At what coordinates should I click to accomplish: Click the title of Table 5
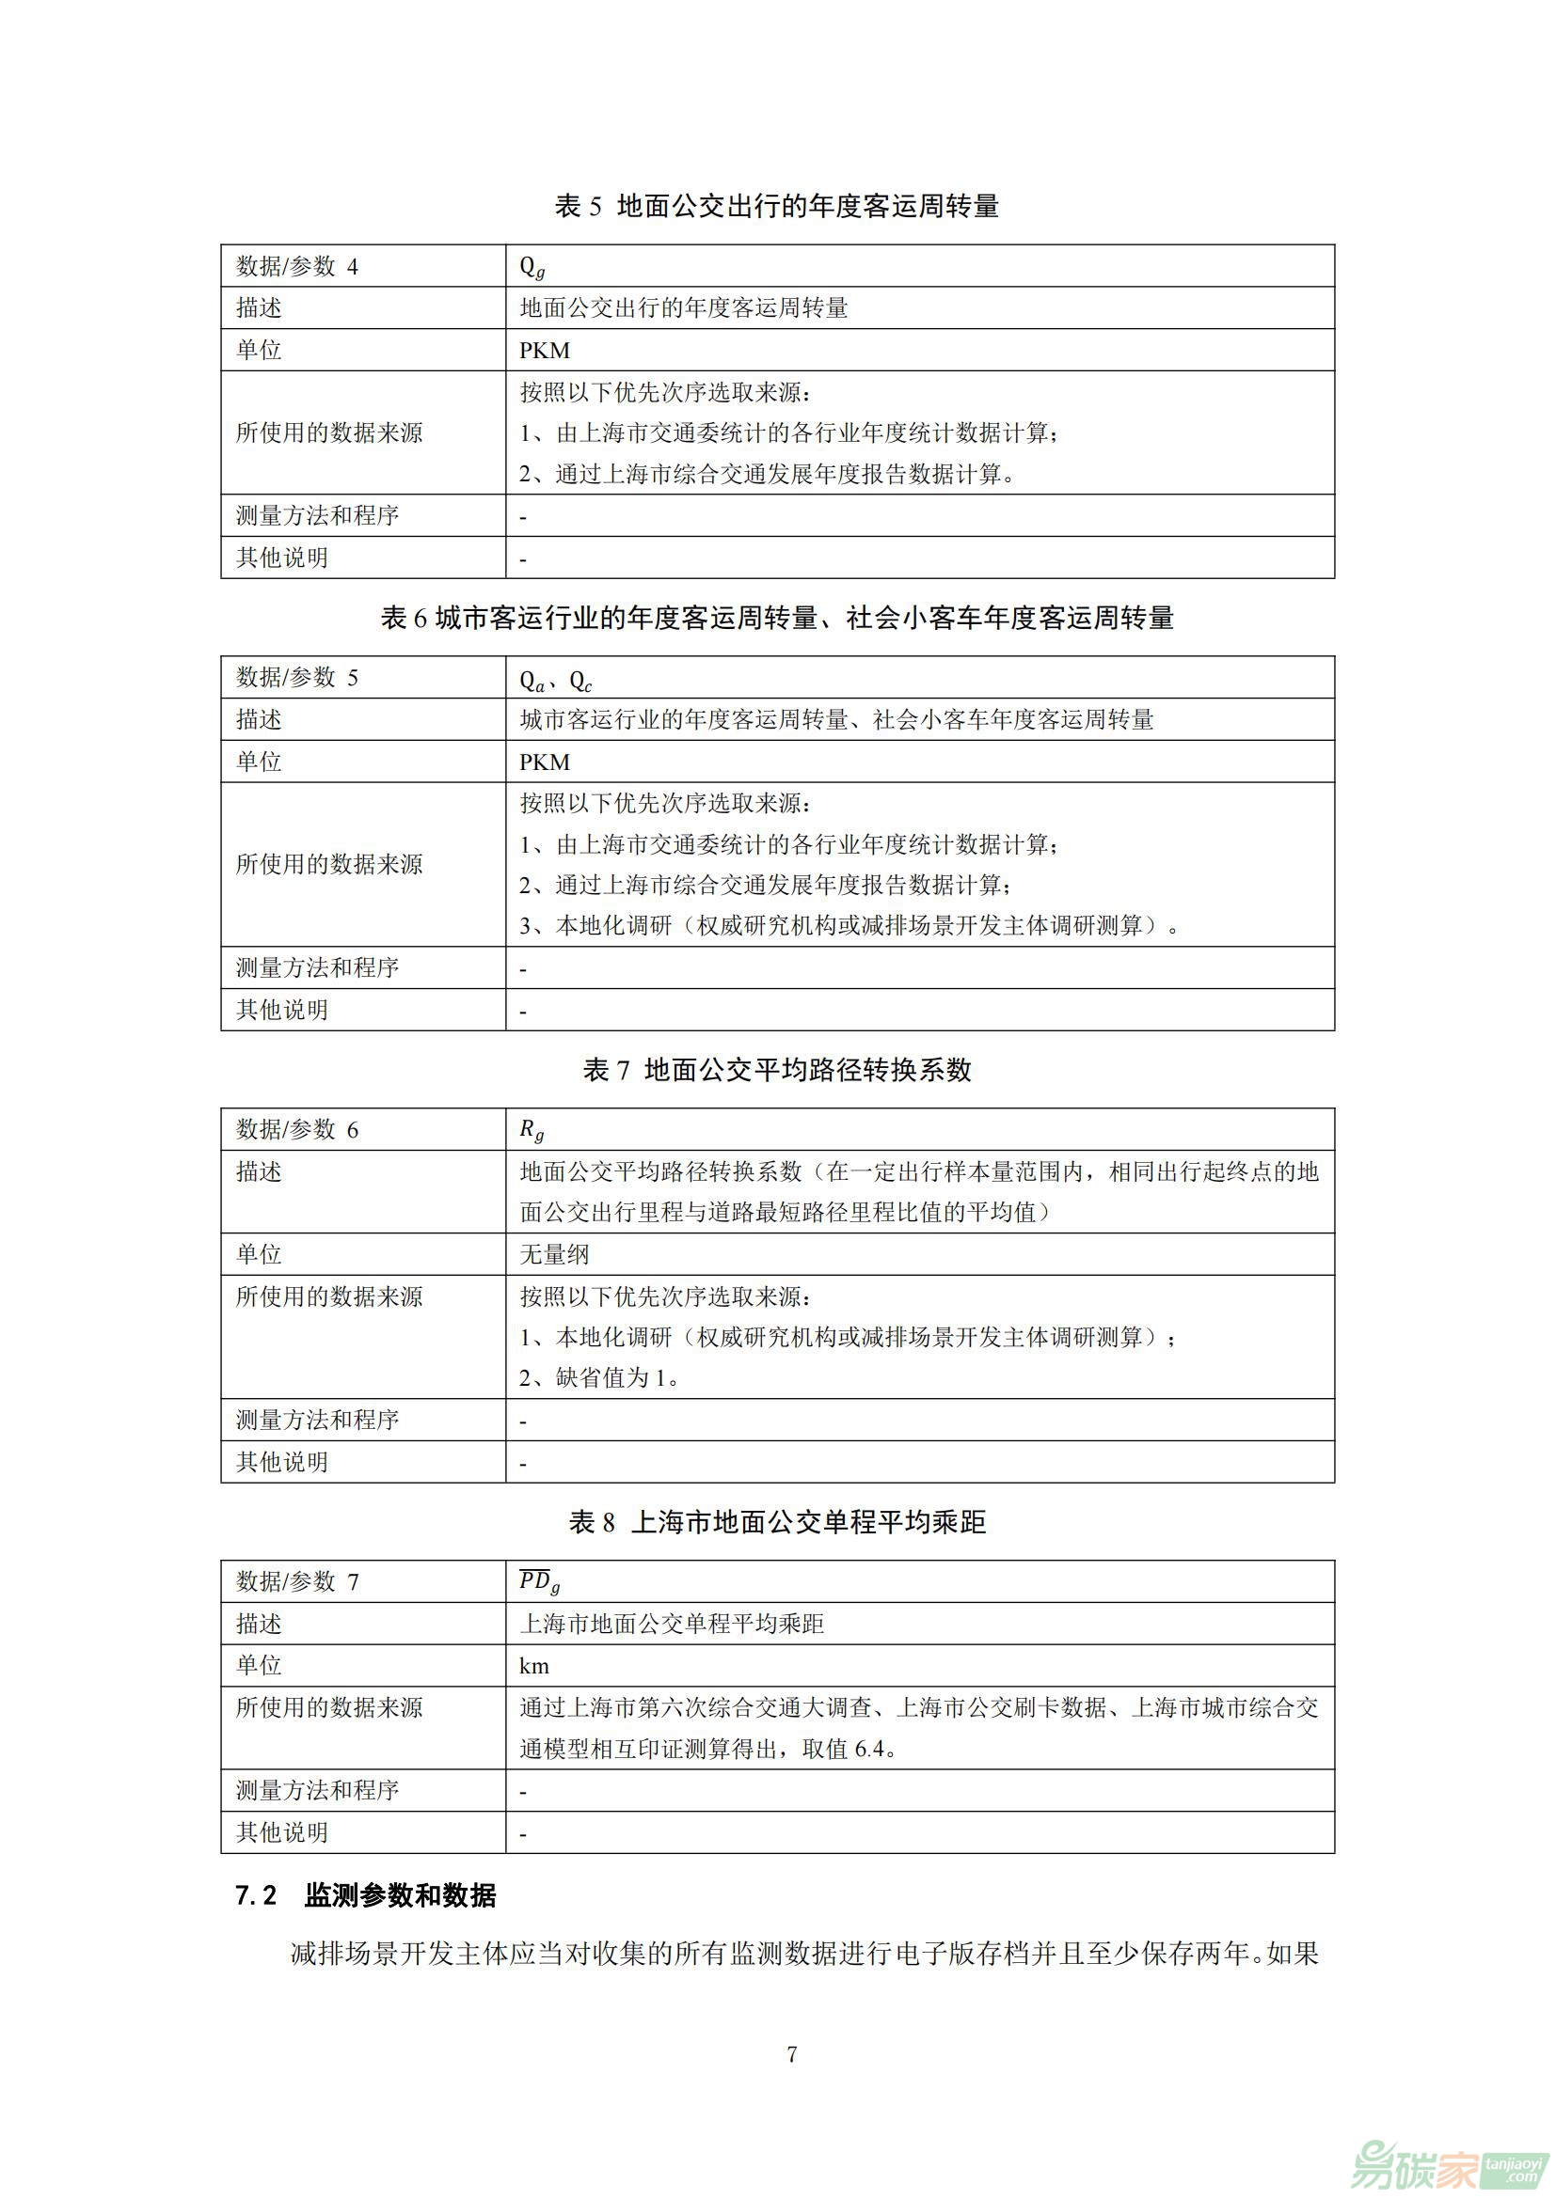pos(776,206)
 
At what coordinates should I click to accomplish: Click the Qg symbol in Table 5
pos(532,267)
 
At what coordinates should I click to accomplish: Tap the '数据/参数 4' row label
pos(297,266)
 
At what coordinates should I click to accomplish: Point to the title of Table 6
pos(776,619)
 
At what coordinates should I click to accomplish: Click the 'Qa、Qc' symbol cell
pos(556,680)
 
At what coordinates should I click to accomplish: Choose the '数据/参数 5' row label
pos(297,678)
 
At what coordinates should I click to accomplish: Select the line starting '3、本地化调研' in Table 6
pos(849,925)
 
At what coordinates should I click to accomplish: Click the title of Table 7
pos(776,1070)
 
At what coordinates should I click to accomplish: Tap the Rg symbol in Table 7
pos(532,1131)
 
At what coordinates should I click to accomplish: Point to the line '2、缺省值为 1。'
pos(600,1377)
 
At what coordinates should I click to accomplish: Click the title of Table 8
pos(776,1522)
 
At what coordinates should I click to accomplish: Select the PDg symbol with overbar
pos(538,1582)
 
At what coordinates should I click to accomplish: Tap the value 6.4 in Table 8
pos(868,1749)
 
